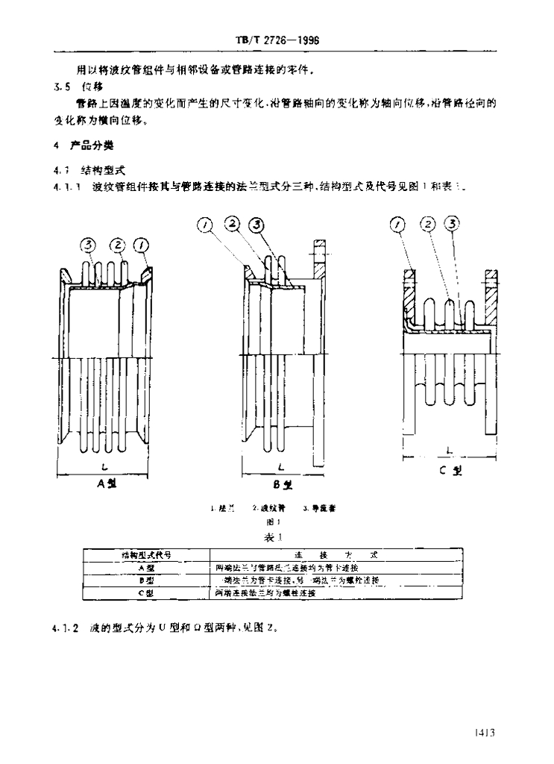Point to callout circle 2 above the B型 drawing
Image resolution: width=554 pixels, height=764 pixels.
point(232,224)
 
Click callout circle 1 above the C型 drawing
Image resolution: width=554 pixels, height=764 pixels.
point(398,223)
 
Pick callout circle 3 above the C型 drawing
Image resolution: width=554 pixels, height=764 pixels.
point(453,223)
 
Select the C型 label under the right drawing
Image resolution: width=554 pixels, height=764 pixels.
point(450,471)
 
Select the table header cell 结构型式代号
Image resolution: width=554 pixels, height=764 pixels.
point(145,555)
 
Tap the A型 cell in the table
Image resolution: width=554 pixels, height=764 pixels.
point(145,568)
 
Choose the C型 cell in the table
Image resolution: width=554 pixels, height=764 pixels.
point(145,593)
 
